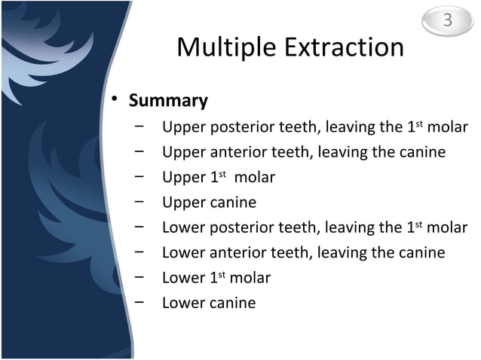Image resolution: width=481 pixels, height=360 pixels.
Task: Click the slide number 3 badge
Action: pyautogui.click(x=447, y=21)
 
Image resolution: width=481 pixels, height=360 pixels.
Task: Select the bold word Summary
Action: pyautogui.click(x=168, y=101)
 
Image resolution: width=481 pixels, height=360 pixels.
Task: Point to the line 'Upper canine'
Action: pyautogui.click(x=209, y=203)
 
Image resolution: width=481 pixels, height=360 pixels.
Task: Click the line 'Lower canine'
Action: pyautogui.click(x=209, y=304)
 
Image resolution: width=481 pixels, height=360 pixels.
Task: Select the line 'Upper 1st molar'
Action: pyautogui.click(x=218, y=178)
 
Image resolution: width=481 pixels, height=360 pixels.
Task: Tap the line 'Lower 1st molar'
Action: pyautogui.click(x=216, y=278)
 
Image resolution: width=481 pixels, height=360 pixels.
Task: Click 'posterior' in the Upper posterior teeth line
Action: pyautogui.click(x=243, y=127)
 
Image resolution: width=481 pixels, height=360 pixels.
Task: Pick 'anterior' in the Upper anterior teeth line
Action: pyautogui.click(x=240, y=153)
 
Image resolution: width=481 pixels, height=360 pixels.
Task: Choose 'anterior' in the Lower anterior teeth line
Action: pyautogui.click(x=240, y=253)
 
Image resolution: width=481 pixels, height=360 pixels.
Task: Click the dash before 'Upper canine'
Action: pyautogui.click(x=140, y=203)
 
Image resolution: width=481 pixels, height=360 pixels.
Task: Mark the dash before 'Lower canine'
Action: pyautogui.click(x=140, y=304)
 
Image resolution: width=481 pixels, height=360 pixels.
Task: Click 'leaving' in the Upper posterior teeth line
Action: pyautogui.click(x=351, y=127)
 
